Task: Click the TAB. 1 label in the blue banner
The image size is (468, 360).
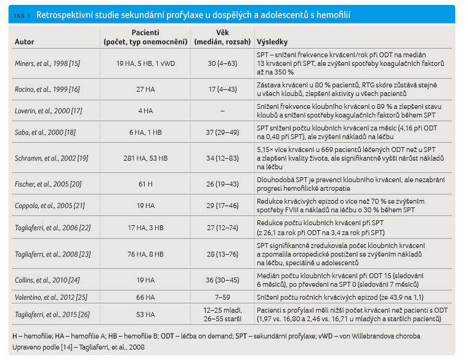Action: point(22,16)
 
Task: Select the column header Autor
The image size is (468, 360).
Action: point(25,42)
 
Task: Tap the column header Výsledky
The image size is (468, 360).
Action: point(272,42)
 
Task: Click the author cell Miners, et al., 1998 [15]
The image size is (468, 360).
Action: point(47,63)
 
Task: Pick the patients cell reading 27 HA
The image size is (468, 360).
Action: point(145,89)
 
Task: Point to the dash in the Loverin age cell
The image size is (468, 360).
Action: point(222,111)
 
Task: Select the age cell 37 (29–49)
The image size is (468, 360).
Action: point(222,132)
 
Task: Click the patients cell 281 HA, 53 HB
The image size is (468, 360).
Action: point(145,158)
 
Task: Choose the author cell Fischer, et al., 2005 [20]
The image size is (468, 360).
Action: point(48,184)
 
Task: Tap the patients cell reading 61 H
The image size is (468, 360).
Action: point(145,184)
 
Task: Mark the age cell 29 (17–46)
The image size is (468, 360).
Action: point(222,206)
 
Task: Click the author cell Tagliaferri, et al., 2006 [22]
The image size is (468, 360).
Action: point(52,228)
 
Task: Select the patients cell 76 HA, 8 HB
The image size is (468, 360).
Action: point(145,254)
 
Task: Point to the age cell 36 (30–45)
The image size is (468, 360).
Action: point(222,280)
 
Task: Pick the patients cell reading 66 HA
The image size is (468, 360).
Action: point(145,297)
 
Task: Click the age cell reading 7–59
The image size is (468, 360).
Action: point(222,297)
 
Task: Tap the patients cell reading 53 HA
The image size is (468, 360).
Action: point(145,314)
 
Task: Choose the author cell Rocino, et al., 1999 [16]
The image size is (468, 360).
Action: point(47,89)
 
